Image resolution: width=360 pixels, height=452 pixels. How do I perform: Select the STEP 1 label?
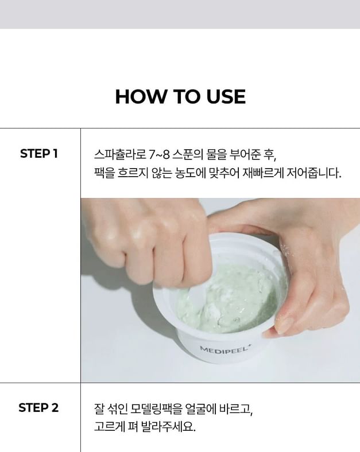point(39,154)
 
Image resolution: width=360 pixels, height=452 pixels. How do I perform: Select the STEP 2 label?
point(38,408)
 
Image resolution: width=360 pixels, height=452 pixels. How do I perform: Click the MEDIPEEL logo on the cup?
point(224,350)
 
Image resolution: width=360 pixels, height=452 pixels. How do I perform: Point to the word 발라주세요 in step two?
point(168,427)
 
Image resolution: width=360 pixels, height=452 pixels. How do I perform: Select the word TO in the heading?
point(185,96)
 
